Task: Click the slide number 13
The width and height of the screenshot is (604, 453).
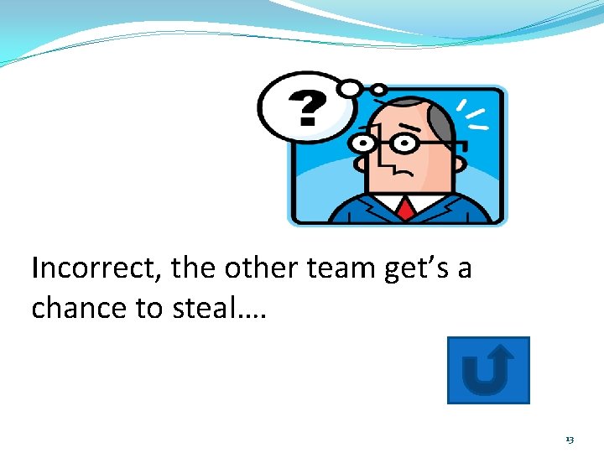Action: pyautogui.click(x=570, y=440)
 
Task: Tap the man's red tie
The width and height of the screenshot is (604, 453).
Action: pyautogui.click(x=406, y=207)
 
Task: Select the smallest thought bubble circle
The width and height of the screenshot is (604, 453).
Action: pyautogui.click(x=378, y=89)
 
